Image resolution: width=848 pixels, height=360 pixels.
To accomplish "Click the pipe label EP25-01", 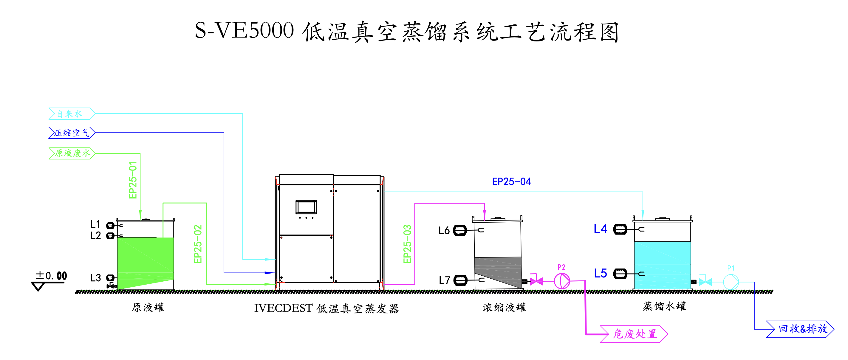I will pyautogui.click(x=133, y=180).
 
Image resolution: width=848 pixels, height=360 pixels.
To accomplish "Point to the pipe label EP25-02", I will pyautogui.click(x=197, y=244).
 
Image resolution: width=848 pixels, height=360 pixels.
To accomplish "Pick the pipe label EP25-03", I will pyautogui.click(x=407, y=244).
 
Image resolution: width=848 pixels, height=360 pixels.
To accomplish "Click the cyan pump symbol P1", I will pyautogui.click(x=731, y=282).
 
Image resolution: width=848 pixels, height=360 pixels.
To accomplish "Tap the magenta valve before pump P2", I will pyautogui.click(x=536, y=281).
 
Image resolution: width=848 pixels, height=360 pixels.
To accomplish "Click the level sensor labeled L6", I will pyautogui.click(x=460, y=230).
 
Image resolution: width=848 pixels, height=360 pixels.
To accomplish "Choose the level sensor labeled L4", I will pyautogui.click(x=620, y=229).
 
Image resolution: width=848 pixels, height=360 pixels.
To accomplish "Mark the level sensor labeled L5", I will pyautogui.click(x=620, y=274).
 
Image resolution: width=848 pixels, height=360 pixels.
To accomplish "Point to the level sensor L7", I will pyautogui.click(x=460, y=280).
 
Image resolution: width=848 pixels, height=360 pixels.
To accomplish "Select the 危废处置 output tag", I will pyautogui.click(x=634, y=334).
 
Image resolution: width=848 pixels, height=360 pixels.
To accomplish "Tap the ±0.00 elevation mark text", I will pyautogui.click(x=51, y=275).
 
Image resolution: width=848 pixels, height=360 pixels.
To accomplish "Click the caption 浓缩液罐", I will pyautogui.click(x=504, y=307).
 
